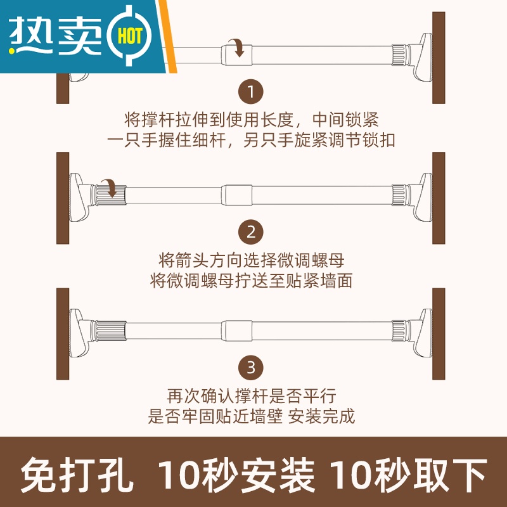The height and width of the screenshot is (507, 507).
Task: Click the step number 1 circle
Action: tap(250, 92)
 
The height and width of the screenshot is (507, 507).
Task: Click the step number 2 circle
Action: tap(250, 232)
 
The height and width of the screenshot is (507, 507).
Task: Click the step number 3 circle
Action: tap(250, 368)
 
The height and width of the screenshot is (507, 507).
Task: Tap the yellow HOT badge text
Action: tap(130, 35)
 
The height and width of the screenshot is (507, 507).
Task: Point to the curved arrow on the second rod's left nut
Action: tap(110, 188)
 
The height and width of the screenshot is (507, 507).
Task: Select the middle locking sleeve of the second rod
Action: tap(236, 195)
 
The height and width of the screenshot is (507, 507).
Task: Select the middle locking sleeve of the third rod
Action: tap(236, 331)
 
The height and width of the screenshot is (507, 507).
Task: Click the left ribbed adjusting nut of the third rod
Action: tap(108, 331)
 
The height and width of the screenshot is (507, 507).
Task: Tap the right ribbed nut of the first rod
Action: tap(401, 55)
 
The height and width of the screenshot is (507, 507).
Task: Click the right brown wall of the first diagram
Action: tap(439, 58)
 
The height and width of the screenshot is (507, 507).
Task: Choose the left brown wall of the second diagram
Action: tap(63, 198)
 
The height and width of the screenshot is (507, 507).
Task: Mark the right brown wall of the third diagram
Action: tap(439, 334)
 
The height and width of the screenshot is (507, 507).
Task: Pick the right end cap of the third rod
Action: tap(422, 333)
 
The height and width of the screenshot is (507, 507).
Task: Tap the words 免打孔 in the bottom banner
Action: tap(77, 475)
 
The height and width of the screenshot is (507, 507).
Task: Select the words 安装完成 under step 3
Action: tap(321, 416)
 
